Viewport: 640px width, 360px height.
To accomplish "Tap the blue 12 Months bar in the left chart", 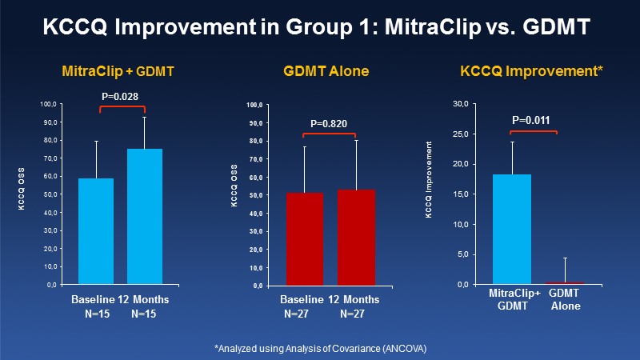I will [x=145, y=216].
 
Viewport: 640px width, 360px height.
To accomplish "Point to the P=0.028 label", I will [x=120, y=97].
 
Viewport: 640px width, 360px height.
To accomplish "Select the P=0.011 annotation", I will [x=531, y=121].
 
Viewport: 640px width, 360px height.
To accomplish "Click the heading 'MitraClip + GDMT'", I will [x=118, y=72].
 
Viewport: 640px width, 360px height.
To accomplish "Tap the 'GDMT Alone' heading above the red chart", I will [x=327, y=72].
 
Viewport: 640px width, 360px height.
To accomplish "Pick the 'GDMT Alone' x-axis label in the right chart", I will [x=565, y=301].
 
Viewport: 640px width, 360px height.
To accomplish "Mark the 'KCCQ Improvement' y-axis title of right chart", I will [x=430, y=192].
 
